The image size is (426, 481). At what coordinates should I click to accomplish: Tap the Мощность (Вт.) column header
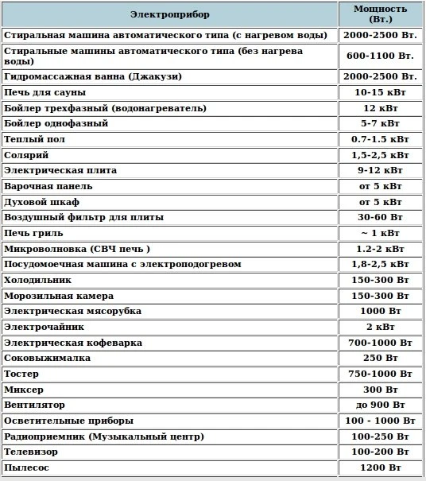[380, 14]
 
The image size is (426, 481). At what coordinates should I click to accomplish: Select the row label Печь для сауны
[45, 92]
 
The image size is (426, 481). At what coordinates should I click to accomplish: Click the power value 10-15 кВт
[380, 92]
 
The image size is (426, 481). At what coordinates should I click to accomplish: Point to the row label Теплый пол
[34, 139]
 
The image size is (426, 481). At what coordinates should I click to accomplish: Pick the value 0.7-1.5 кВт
[380, 139]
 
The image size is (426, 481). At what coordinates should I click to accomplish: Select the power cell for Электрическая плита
[380, 170]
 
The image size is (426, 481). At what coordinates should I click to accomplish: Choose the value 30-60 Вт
[380, 217]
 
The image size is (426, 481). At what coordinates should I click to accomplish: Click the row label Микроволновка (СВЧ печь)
[77, 248]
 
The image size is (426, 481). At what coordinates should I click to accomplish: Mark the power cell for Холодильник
[380, 280]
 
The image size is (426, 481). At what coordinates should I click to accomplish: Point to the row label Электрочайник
[43, 327]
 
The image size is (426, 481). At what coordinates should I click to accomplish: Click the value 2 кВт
[380, 327]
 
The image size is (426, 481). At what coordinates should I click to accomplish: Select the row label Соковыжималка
[47, 358]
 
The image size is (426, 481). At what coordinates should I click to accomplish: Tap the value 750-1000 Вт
[380, 374]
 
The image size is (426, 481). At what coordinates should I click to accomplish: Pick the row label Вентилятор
[36, 405]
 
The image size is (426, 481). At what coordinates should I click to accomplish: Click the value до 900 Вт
[380, 405]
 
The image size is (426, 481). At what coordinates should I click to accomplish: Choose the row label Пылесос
[26, 467]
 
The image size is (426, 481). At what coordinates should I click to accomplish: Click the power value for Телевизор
[380, 452]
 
